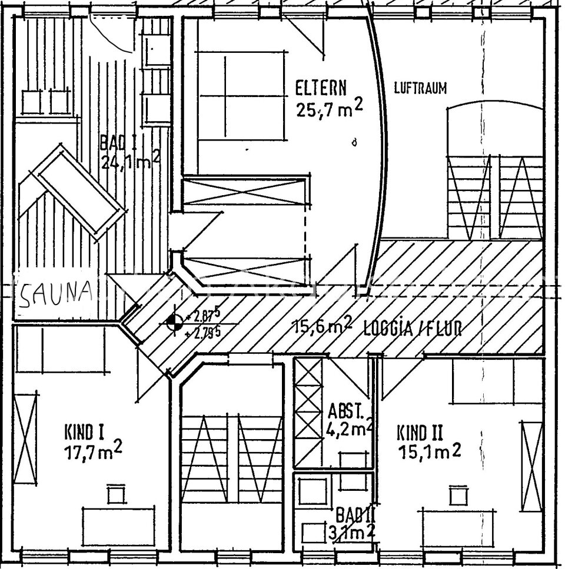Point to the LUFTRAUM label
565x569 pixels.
point(420,89)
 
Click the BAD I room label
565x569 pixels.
point(118,142)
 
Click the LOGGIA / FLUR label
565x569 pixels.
point(412,328)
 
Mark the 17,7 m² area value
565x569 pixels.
point(94,453)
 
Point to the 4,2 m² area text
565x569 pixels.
point(349,429)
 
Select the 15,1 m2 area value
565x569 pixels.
point(429,452)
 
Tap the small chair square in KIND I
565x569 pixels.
point(116,494)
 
